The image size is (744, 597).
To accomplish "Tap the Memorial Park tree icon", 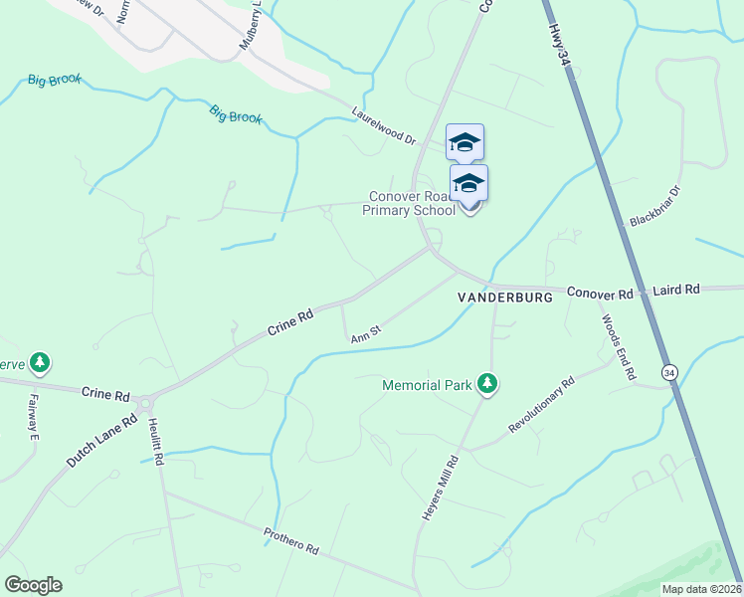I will [x=486, y=383].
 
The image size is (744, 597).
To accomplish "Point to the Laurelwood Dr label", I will [x=383, y=126].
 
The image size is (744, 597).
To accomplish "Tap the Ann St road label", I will [x=366, y=333].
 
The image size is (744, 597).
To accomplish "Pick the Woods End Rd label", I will [x=617, y=347].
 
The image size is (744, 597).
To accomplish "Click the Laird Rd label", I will [x=676, y=290].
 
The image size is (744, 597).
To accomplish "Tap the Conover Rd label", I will [x=600, y=294].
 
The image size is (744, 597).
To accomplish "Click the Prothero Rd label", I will [x=290, y=542].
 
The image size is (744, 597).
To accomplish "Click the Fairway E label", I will [x=33, y=416].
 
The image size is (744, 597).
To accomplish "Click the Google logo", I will [x=33, y=585].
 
